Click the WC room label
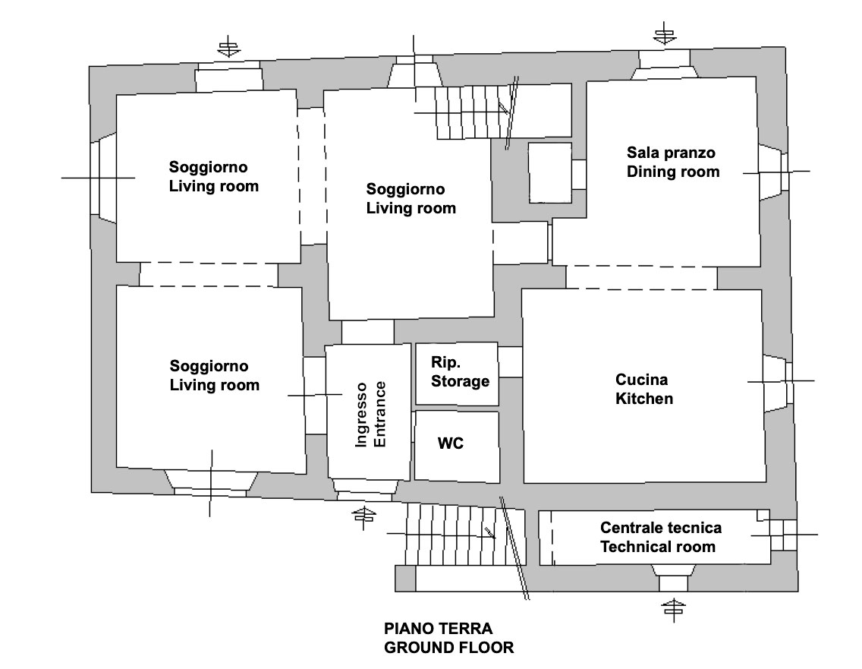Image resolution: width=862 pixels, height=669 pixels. [451, 443]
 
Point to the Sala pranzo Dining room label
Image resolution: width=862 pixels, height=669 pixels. [672, 162]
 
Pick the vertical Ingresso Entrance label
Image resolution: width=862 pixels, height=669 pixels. [371, 414]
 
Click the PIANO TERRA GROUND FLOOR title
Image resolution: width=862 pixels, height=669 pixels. [448, 638]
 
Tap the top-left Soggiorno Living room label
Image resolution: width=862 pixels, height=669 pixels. [213, 176]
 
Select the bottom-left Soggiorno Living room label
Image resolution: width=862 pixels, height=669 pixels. [214, 376]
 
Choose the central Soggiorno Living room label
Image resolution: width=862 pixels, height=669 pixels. [411, 198]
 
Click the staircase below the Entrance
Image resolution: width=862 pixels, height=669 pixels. [455, 535]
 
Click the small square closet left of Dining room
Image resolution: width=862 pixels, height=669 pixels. [549, 172]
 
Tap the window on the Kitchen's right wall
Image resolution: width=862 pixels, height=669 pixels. [777, 383]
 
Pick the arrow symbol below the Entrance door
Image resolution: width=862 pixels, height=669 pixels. [365, 516]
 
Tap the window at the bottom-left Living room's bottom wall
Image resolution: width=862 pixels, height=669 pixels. [211, 481]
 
